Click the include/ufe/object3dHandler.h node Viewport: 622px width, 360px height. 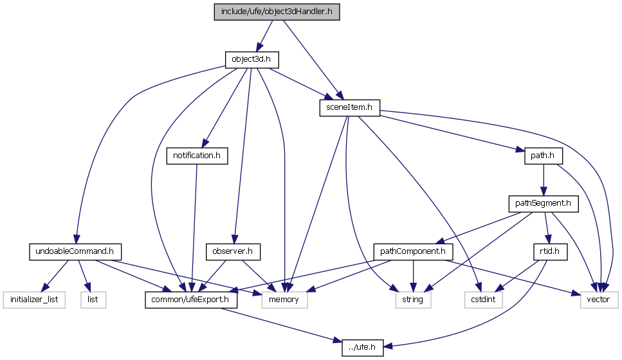[277, 12]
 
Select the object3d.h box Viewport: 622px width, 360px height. [255, 60]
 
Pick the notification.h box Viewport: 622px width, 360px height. [197, 155]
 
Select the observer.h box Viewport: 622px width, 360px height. [233, 251]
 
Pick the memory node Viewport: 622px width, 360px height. [284, 299]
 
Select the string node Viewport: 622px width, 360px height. [412, 299]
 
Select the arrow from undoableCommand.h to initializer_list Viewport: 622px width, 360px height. [54, 275]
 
